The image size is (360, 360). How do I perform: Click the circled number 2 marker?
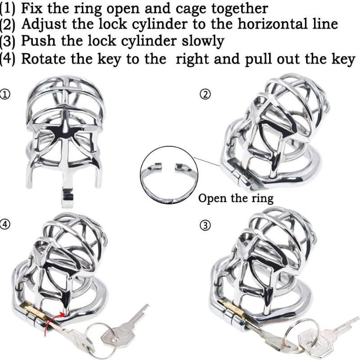(x=205, y=94)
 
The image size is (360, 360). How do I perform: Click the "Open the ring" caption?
(x=236, y=198)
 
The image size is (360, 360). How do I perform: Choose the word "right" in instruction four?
(x=194, y=58)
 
